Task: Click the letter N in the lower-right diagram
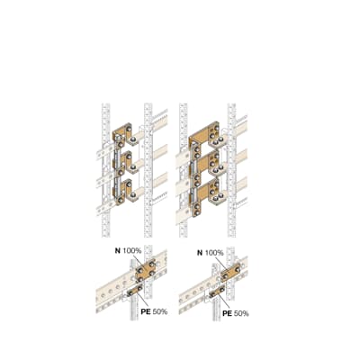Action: click(199, 253)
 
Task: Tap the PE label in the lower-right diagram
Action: click(228, 313)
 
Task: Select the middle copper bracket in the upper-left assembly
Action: click(123, 162)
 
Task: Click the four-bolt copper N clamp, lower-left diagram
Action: click(144, 271)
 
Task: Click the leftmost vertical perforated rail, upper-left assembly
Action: click(105, 171)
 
